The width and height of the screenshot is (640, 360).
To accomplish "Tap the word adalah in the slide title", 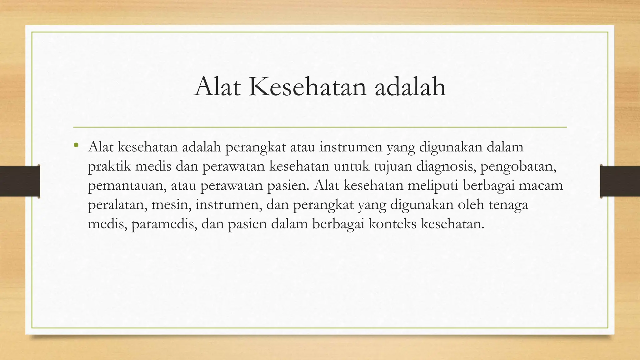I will [x=410, y=87].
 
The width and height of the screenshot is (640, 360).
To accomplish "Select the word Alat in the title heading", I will [x=217, y=87].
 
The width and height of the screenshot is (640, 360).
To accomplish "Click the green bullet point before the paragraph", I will [x=76, y=145].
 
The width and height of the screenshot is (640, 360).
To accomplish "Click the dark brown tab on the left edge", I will [x=20, y=181].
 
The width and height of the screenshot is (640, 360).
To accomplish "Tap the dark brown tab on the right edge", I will [x=620, y=181].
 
